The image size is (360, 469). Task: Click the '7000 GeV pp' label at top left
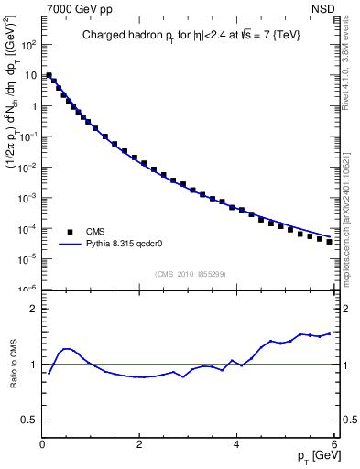pos(71,8)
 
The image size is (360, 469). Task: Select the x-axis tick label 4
pos(237,444)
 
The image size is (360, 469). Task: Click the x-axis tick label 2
pos(140,444)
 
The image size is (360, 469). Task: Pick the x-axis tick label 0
pos(43,444)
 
